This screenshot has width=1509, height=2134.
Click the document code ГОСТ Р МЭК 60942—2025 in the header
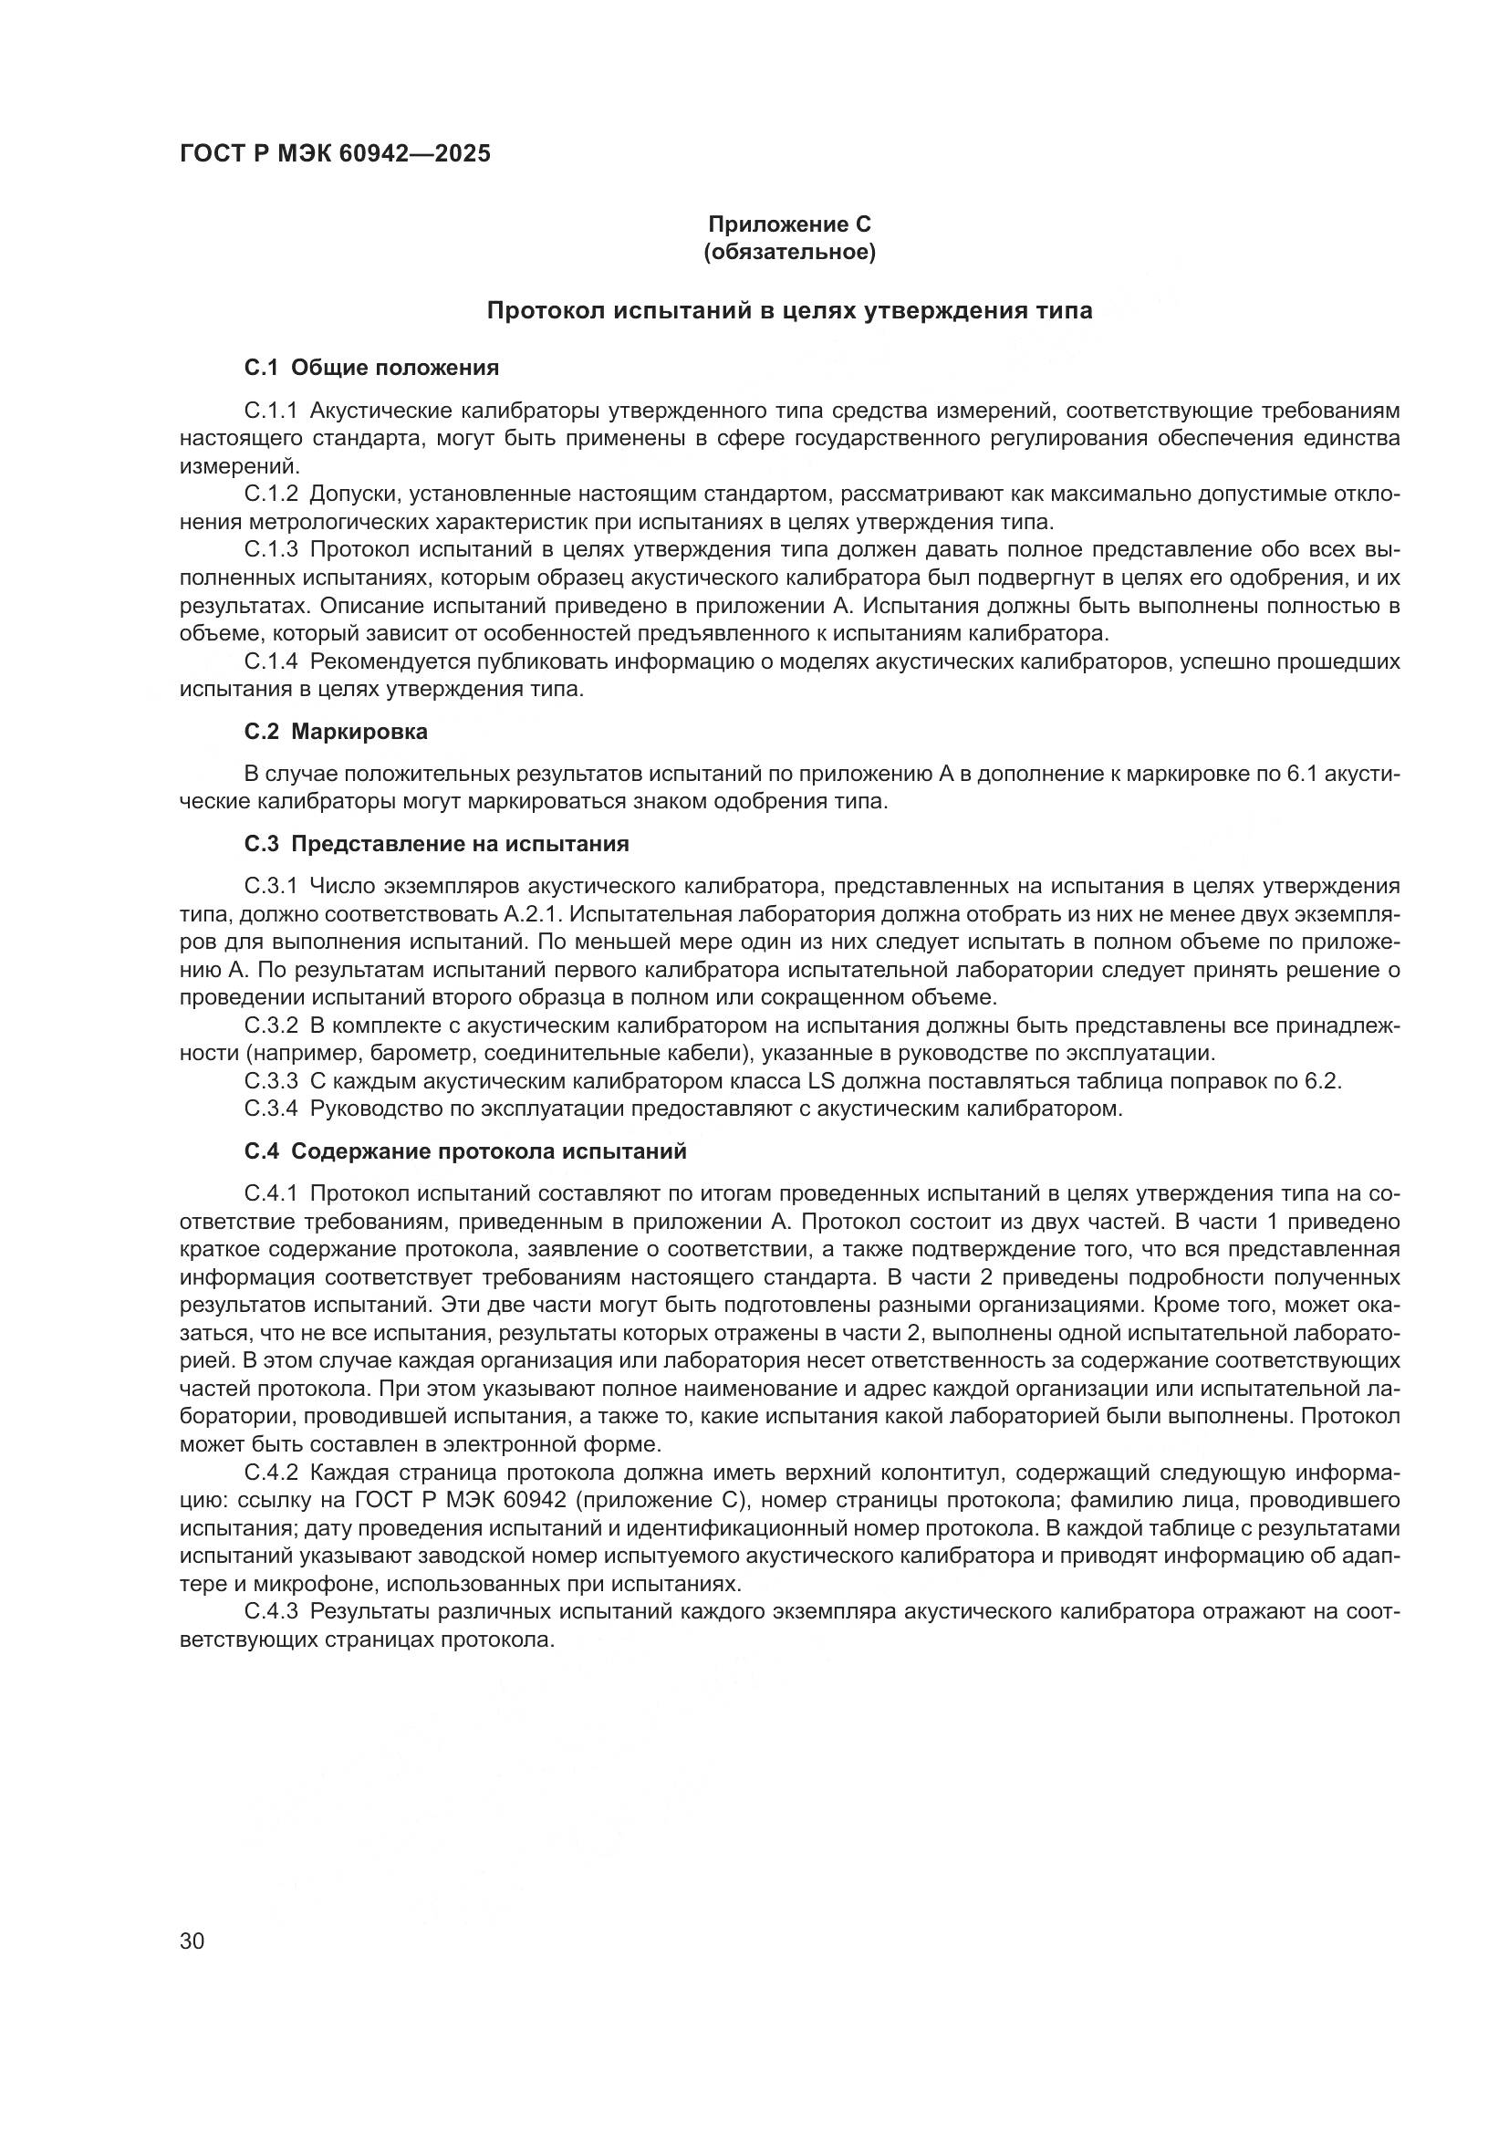(335, 154)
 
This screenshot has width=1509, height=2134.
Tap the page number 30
(193, 1941)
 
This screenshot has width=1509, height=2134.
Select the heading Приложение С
(789, 224)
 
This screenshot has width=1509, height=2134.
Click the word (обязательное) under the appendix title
(789, 253)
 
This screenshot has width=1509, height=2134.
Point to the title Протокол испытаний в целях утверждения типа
(789, 311)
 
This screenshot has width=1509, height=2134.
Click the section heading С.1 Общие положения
(371, 368)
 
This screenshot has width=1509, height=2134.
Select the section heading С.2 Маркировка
(336, 732)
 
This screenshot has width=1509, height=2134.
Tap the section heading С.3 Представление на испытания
(437, 844)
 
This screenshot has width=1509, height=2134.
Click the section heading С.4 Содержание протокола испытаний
(465, 1151)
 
